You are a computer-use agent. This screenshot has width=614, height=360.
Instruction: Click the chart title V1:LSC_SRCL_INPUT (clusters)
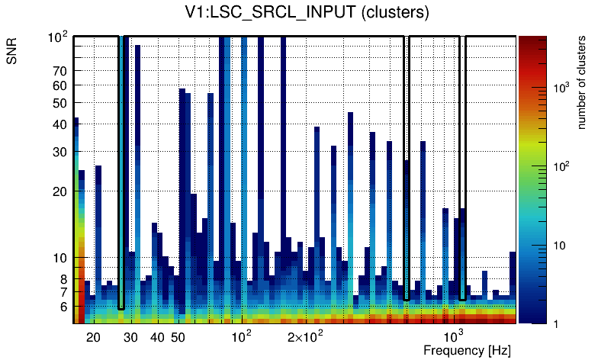(x=307, y=12)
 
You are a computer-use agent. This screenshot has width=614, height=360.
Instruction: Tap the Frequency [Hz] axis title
(x=467, y=350)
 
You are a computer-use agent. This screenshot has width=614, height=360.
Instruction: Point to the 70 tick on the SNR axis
(x=59, y=71)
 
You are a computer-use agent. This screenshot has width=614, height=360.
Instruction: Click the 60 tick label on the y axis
(x=59, y=85)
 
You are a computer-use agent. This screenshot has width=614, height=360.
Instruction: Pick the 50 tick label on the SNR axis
(x=59, y=103)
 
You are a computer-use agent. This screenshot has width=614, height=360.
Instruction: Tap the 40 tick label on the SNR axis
(x=59, y=124)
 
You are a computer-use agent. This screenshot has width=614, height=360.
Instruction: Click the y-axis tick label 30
(x=59, y=152)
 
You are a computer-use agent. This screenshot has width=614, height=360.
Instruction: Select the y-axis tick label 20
(x=59, y=191)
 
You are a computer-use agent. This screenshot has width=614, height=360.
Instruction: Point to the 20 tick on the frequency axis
(x=93, y=337)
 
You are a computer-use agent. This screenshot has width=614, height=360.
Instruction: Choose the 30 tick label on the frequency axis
(x=130, y=337)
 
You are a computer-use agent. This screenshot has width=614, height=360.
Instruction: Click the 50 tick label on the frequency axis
(x=178, y=337)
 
